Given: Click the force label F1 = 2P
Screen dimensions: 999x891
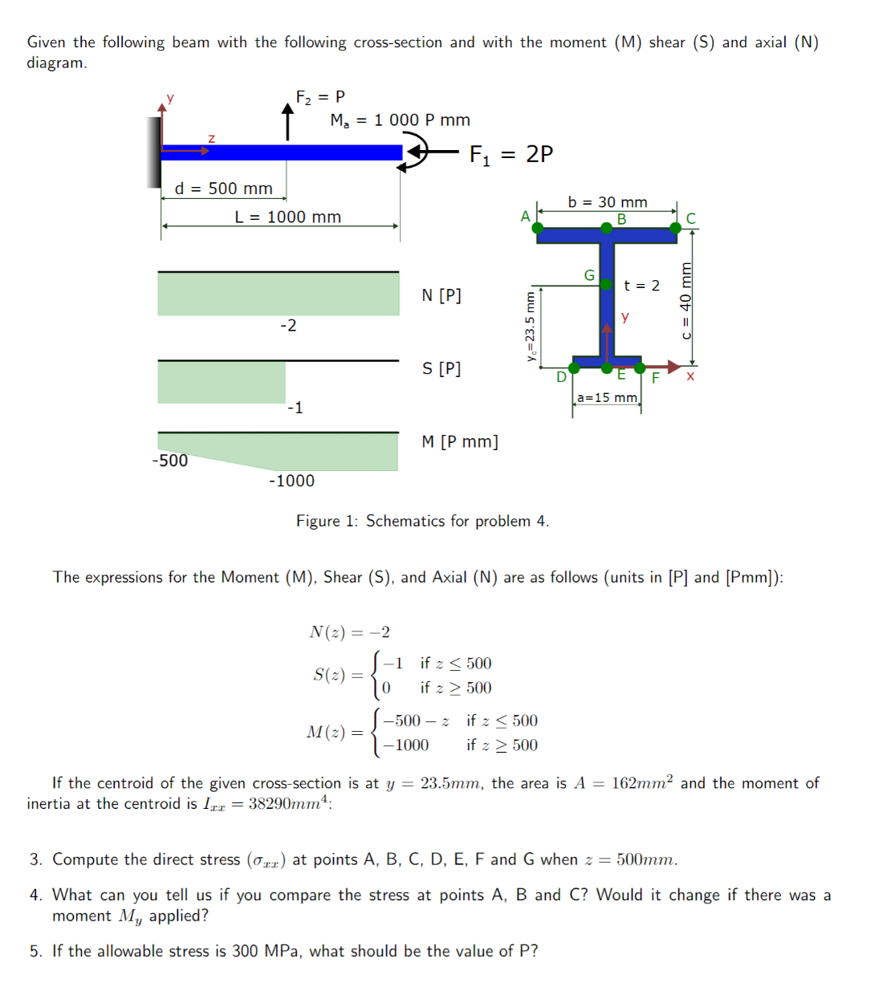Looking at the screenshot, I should pyautogui.click(x=511, y=154).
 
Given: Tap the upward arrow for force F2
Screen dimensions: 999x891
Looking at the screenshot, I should pyautogui.click(x=287, y=121).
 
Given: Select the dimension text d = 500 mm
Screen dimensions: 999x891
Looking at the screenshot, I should pyautogui.click(x=223, y=189).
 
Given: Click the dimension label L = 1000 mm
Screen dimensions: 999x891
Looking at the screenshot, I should pyautogui.click(x=287, y=217).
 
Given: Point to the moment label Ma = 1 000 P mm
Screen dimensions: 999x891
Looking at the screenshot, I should pyautogui.click(x=400, y=120).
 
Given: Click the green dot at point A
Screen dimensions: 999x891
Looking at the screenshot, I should pyautogui.click(x=538, y=229).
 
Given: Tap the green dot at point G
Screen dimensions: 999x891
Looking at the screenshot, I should pyautogui.click(x=606, y=284).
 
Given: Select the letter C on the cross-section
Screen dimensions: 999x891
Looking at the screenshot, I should pyautogui.click(x=691, y=218).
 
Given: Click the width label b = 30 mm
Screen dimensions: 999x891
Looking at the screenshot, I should pyautogui.click(x=607, y=202).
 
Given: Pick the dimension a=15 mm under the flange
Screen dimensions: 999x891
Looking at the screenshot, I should pyautogui.click(x=607, y=398).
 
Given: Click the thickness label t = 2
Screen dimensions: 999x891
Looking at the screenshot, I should pyautogui.click(x=641, y=286).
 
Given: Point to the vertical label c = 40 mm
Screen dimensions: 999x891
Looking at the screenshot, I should pyautogui.click(x=686, y=300).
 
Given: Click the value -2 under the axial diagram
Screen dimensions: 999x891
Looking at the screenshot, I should pyautogui.click(x=288, y=325).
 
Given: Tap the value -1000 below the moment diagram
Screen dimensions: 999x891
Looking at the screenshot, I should pyautogui.click(x=291, y=481).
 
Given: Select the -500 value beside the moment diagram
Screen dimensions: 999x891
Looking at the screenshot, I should pyautogui.click(x=169, y=461).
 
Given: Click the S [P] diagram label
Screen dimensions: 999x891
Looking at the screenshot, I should pyautogui.click(x=441, y=368).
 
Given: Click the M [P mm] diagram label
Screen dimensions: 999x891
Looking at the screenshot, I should pyautogui.click(x=459, y=442).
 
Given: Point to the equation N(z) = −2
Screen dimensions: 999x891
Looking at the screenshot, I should pyautogui.click(x=349, y=632).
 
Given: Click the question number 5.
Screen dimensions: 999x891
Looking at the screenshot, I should pyautogui.click(x=35, y=951).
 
